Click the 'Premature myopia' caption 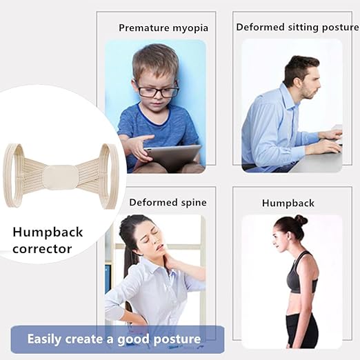click(x=163, y=28)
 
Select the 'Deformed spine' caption click(x=168, y=203)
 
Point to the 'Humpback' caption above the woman click(x=288, y=203)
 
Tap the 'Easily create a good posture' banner click(x=114, y=339)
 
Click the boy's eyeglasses click(x=157, y=90)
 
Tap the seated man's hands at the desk click(x=330, y=141)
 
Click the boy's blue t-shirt click(x=138, y=128)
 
